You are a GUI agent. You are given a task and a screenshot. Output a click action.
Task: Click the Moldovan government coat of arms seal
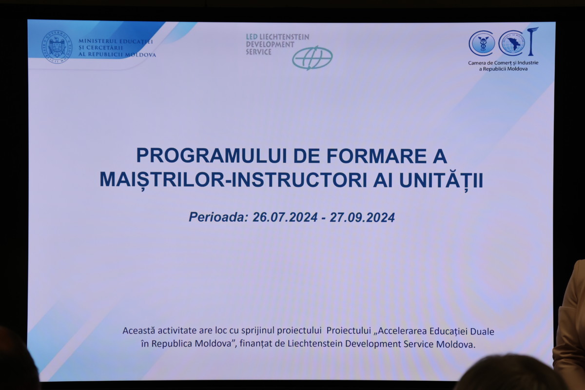[57, 47]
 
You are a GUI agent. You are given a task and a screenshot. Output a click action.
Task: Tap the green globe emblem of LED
[312, 58]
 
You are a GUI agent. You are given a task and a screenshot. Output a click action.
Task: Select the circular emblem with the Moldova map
[511, 43]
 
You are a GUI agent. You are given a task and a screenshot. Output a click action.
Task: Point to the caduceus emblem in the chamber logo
[482, 43]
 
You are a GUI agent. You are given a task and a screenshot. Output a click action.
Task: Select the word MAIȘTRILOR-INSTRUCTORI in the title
[234, 180]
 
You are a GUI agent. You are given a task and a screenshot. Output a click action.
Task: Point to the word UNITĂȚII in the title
[441, 180]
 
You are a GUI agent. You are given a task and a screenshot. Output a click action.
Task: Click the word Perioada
[218, 217]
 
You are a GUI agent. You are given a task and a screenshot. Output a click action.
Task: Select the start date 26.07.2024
[285, 217]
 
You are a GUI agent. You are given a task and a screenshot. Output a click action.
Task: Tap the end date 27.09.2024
[362, 217]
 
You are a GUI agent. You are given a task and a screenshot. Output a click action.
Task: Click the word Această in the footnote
[138, 331]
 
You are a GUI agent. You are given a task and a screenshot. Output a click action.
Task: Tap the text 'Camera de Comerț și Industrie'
[503, 63]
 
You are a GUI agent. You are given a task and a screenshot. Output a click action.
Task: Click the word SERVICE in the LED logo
[258, 52]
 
